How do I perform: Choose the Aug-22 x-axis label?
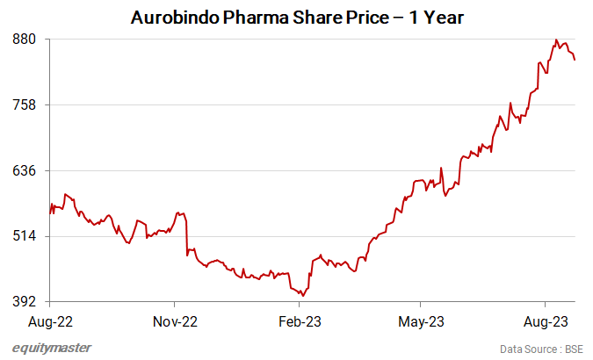(x=50, y=321)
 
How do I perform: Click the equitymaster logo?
(x=52, y=348)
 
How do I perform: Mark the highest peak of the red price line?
(x=556, y=40)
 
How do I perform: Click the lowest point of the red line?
(x=303, y=295)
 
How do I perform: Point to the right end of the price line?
(x=575, y=60)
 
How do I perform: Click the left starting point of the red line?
(x=50, y=213)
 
